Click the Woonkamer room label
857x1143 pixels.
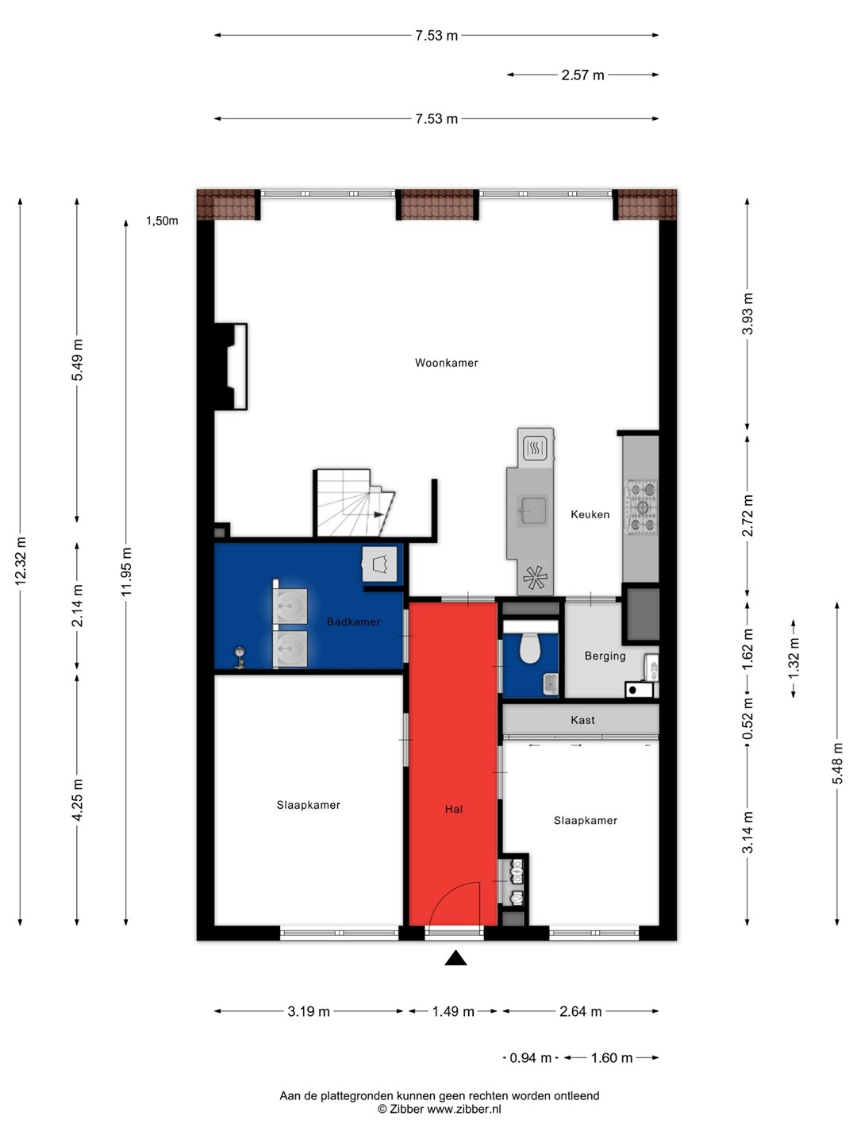pyautogui.click(x=446, y=363)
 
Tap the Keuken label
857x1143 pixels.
pyautogui.click(x=590, y=514)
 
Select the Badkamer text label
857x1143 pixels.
pyautogui.click(x=353, y=622)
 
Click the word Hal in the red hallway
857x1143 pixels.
pyautogui.click(x=453, y=809)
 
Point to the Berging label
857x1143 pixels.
pyautogui.click(x=605, y=656)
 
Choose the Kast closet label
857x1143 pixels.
pyautogui.click(x=582, y=720)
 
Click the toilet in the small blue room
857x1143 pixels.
pyautogui.click(x=530, y=648)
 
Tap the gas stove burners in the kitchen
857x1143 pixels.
pyautogui.click(x=642, y=507)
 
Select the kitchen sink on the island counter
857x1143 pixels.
pyautogui.click(x=532, y=510)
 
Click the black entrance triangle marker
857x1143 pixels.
pyautogui.click(x=455, y=957)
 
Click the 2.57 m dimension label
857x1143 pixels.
pyautogui.click(x=582, y=75)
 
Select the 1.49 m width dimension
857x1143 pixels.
pyautogui.click(x=452, y=1011)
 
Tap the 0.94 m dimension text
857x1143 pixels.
pyautogui.click(x=530, y=1057)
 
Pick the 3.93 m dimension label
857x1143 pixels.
pyautogui.click(x=747, y=314)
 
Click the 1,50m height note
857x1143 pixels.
pyautogui.click(x=162, y=221)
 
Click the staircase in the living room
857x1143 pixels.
pyautogui.click(x=354, y=502)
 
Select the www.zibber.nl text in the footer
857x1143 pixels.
pyautogui.click(x=464, y=1109)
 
